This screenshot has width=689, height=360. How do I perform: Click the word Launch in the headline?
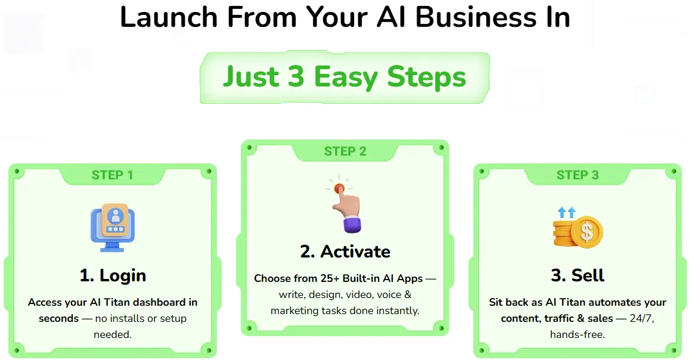click(169, 17)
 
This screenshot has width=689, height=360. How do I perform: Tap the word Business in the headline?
click(476, 17)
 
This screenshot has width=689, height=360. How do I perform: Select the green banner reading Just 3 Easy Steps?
click(344, 77)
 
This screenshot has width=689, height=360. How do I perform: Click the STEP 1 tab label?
click(113, 175)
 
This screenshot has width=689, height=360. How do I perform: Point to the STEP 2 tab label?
click(345, 151)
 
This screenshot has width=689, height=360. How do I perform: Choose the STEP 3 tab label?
click(578, 175)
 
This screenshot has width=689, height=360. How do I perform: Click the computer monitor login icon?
click(113, 227)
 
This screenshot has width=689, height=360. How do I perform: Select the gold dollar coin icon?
click(586, 232)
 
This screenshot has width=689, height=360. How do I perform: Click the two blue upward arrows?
click(566, 212)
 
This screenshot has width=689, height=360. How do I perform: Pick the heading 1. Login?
click(113, 275)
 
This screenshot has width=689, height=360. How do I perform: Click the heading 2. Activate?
click(345, 252)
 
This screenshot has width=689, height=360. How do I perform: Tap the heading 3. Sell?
click(578, 275)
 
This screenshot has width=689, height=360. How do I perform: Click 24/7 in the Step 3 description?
click(641, 318)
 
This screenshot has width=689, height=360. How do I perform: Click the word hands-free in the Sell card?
click(578, 334)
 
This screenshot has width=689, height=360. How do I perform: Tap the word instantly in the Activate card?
click(399, 311)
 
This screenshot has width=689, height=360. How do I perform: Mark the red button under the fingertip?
click(339, 189)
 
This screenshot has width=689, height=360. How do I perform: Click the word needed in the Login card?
click(113, 334)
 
